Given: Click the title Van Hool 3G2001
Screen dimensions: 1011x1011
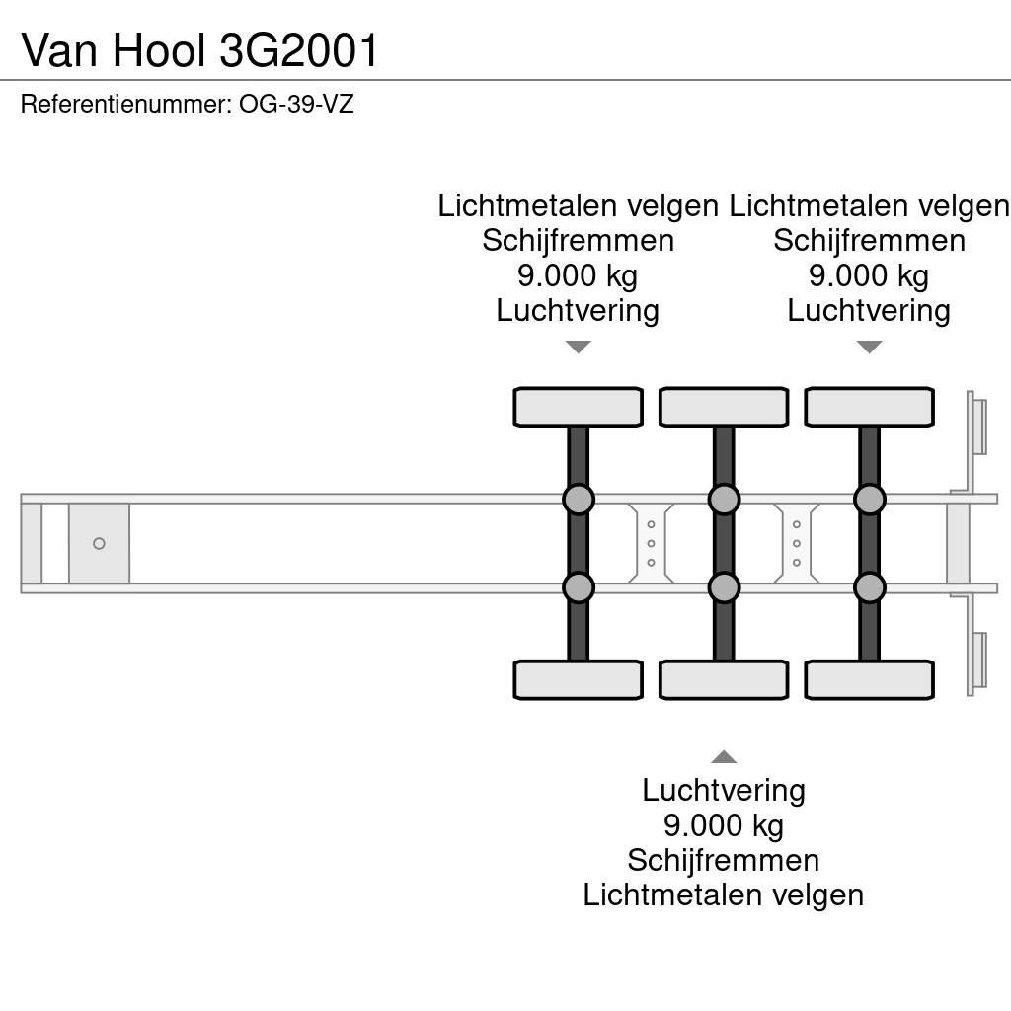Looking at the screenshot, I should pos(200,50).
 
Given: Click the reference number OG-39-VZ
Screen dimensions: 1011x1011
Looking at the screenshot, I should pos(296,104).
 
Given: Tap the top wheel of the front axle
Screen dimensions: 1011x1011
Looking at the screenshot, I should pos(578,407).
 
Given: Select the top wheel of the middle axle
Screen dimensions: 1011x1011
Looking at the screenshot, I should pos(724,407).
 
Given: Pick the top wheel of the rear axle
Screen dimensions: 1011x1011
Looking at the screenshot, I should pos(869,407).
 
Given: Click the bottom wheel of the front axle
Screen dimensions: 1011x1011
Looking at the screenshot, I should pos(578,680).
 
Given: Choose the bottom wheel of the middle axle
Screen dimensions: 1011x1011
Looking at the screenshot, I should pos(724,680).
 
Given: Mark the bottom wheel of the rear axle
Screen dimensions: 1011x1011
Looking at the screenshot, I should pos(869,680).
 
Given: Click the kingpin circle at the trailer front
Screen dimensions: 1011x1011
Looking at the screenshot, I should pos(99,543).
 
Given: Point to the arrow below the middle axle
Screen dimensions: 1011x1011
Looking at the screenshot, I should pos(724,757).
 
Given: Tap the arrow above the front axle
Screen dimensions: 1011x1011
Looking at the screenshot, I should pos(578,347).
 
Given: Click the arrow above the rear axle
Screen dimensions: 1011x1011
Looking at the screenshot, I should pos(869,347).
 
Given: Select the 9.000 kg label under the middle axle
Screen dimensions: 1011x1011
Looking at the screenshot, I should pos(724,824).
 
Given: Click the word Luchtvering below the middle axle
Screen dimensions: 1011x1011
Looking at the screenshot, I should pos(724,790).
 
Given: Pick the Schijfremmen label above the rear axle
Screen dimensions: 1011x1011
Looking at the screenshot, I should pos(869,241).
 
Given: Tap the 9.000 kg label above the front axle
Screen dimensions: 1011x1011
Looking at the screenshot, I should pos(578,275).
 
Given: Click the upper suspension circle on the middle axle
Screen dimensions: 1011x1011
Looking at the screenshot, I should pos(724,500).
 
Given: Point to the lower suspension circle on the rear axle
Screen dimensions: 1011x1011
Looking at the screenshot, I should pos(869,587).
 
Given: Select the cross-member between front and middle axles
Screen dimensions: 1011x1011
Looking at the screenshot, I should pos(651,543).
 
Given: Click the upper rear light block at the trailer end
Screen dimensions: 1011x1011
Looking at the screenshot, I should pos(978,425).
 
